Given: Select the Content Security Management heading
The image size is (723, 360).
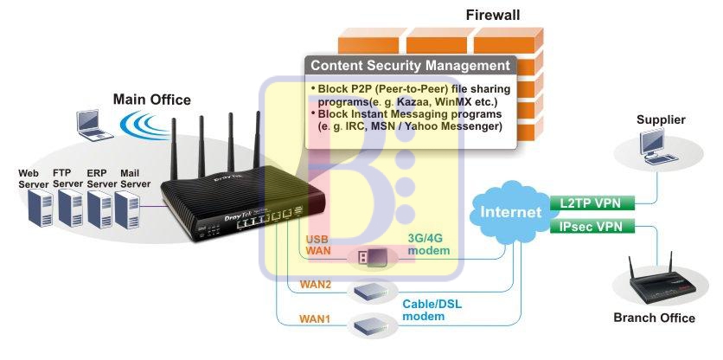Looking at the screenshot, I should pos(410,66).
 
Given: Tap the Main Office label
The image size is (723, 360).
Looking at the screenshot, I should pos(151,100).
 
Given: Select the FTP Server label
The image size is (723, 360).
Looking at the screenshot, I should pos(67,178).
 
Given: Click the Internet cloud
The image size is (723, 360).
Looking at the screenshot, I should pos(510,211).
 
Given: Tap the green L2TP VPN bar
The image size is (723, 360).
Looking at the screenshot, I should pos(591,203).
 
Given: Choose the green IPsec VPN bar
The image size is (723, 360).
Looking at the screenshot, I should pos(591,227).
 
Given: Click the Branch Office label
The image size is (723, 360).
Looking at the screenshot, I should pos(654,318).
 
